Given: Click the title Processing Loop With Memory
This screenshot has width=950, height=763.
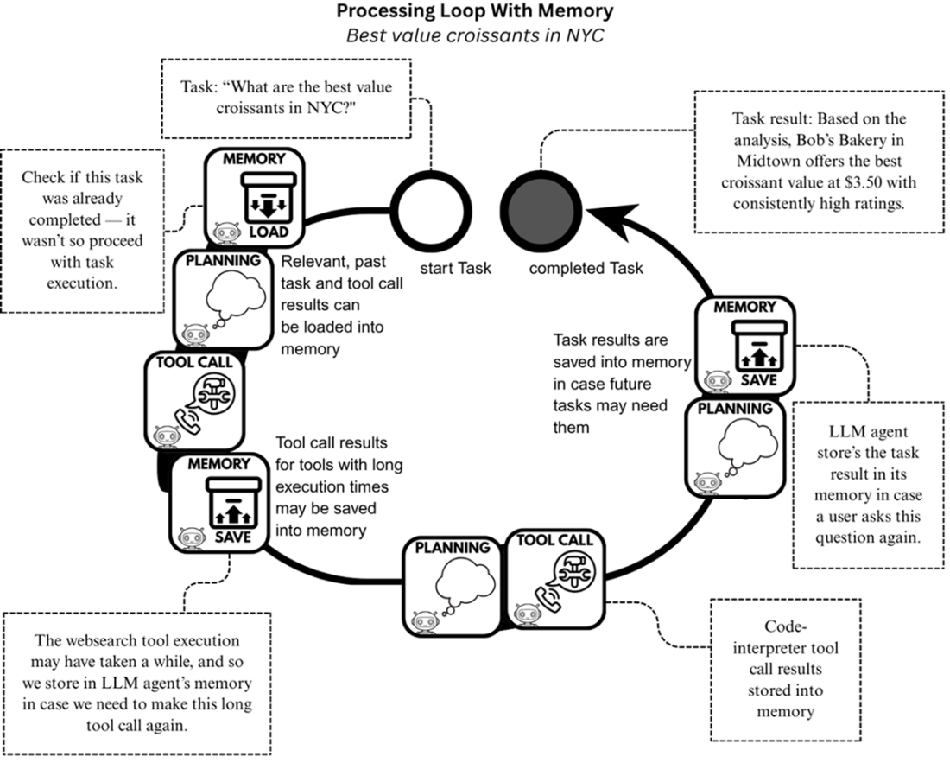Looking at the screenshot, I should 475,12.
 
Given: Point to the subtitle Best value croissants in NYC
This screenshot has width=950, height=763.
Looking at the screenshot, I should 475,36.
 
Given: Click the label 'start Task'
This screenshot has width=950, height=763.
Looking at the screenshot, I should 455,268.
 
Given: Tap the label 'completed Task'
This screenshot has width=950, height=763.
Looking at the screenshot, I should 586,268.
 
